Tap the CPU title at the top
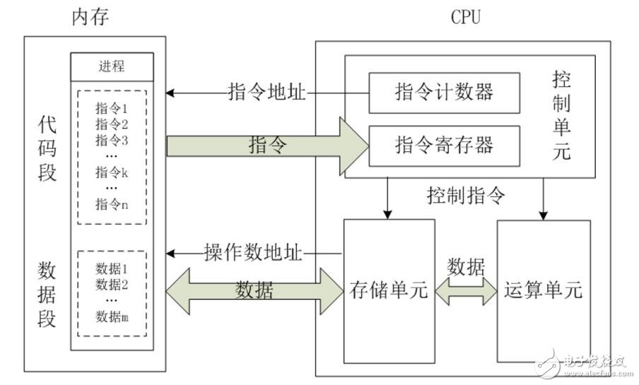click(x=465, y=18)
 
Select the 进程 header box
click(x=112, y=66)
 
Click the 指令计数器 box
click(x=444, y=92)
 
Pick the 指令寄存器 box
click(x=444, y=145)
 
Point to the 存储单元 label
click(x=389, y=290)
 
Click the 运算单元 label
click(x=544, y=290)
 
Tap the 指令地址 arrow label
click(x=266, y=92)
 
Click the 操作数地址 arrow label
click(x=253, y=252)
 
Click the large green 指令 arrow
click(x=269, y=146)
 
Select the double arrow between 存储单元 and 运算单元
click(x=466, y=290)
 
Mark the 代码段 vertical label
click(x=47, y=148)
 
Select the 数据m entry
click(x=112, y=317)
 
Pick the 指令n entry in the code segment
click(x=112, y=204)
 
